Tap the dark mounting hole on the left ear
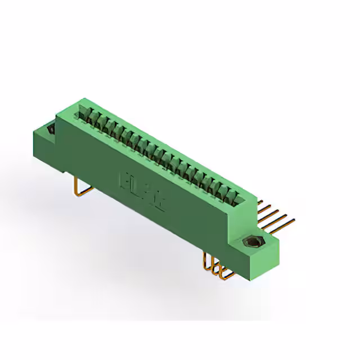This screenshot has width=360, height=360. pos(51,129)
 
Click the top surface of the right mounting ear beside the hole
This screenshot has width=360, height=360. pos(264,240)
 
